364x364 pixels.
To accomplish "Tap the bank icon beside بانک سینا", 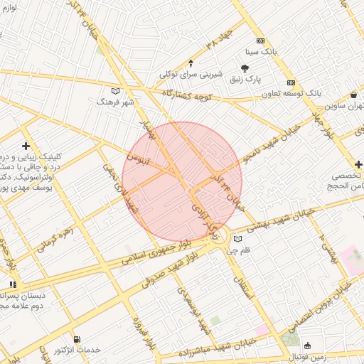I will click(260, 41).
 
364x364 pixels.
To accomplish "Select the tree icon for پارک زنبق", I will click(245, 68).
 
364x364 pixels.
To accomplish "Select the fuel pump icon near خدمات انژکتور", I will click(77, 339).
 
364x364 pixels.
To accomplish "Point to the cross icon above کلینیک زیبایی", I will click(26, 145).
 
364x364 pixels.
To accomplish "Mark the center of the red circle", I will click(182, 181).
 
